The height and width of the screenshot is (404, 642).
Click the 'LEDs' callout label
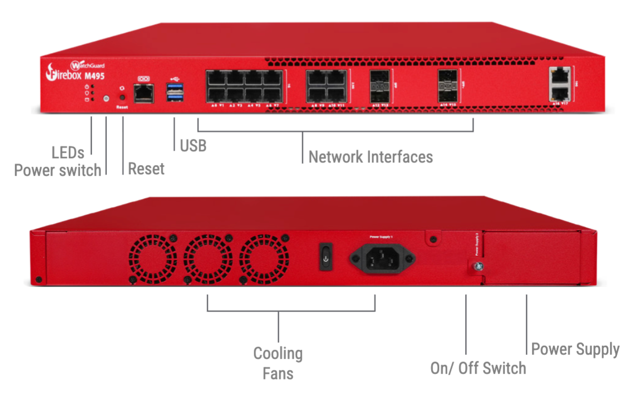[68, 153]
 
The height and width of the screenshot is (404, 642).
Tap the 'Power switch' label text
[57, 170]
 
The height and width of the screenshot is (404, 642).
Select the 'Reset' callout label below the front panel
[146, 169]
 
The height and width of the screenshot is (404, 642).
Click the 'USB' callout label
[193, 145]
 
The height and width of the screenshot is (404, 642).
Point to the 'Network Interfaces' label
[371, 157]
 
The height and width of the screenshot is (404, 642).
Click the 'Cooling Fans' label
[278, 363]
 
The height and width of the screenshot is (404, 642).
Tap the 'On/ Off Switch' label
[478, 368]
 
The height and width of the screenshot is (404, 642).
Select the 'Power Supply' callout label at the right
[575, 349]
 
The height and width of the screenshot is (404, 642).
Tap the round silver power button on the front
[106, 99]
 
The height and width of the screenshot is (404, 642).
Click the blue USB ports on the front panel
[174, 91]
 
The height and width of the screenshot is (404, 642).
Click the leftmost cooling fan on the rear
[153, 259]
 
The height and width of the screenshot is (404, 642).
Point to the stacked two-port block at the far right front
[559, 83]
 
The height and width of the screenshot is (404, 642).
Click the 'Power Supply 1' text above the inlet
[381, 236]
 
